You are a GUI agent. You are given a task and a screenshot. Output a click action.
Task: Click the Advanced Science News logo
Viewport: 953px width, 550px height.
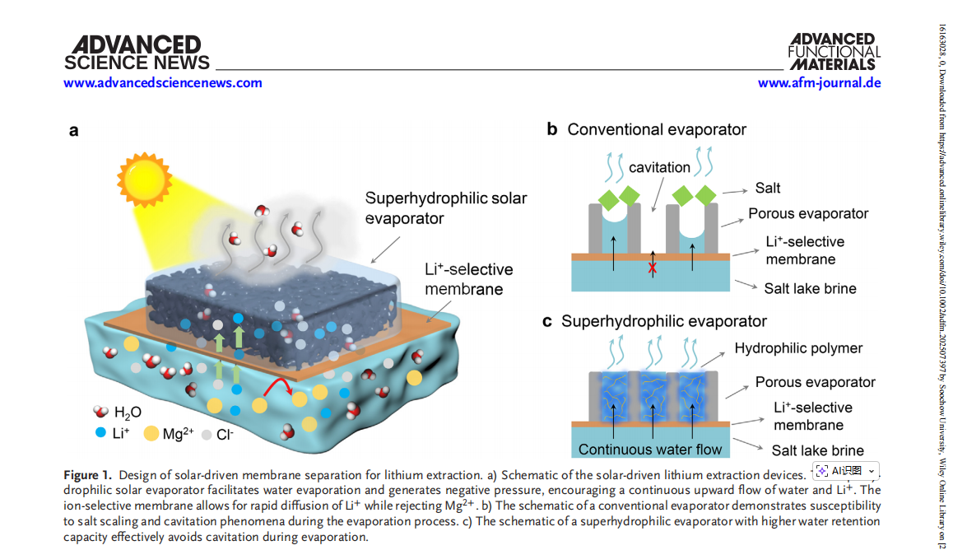click(136, 53)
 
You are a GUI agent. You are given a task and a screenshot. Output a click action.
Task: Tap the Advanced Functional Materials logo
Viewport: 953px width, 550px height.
click(834, 51)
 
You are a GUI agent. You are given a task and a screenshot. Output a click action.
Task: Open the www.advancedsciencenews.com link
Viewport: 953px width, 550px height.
click(163, 82)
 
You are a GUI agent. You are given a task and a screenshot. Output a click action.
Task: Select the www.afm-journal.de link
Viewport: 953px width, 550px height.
click(819, 82)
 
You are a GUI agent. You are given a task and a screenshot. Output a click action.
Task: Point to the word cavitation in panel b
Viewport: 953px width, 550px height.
click(659, 167)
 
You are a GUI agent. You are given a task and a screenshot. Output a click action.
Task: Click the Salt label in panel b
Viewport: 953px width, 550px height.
click(768, 188)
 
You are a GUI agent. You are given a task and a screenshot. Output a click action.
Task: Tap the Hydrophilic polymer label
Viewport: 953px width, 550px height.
click(798, 348)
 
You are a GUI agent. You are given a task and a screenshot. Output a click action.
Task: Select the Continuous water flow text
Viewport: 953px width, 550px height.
click(650, 450)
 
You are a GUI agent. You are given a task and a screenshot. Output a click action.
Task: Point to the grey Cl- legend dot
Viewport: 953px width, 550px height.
click(207, 434)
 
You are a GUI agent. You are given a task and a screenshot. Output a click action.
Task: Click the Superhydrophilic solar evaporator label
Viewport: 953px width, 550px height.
click(445, 207)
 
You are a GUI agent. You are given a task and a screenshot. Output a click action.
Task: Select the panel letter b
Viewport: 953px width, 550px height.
click(552, 129)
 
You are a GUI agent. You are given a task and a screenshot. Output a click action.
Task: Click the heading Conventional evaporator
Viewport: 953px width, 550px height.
click(657, 129)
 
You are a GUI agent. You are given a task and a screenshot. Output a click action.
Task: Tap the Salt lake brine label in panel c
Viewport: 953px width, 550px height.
click(817, 450)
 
